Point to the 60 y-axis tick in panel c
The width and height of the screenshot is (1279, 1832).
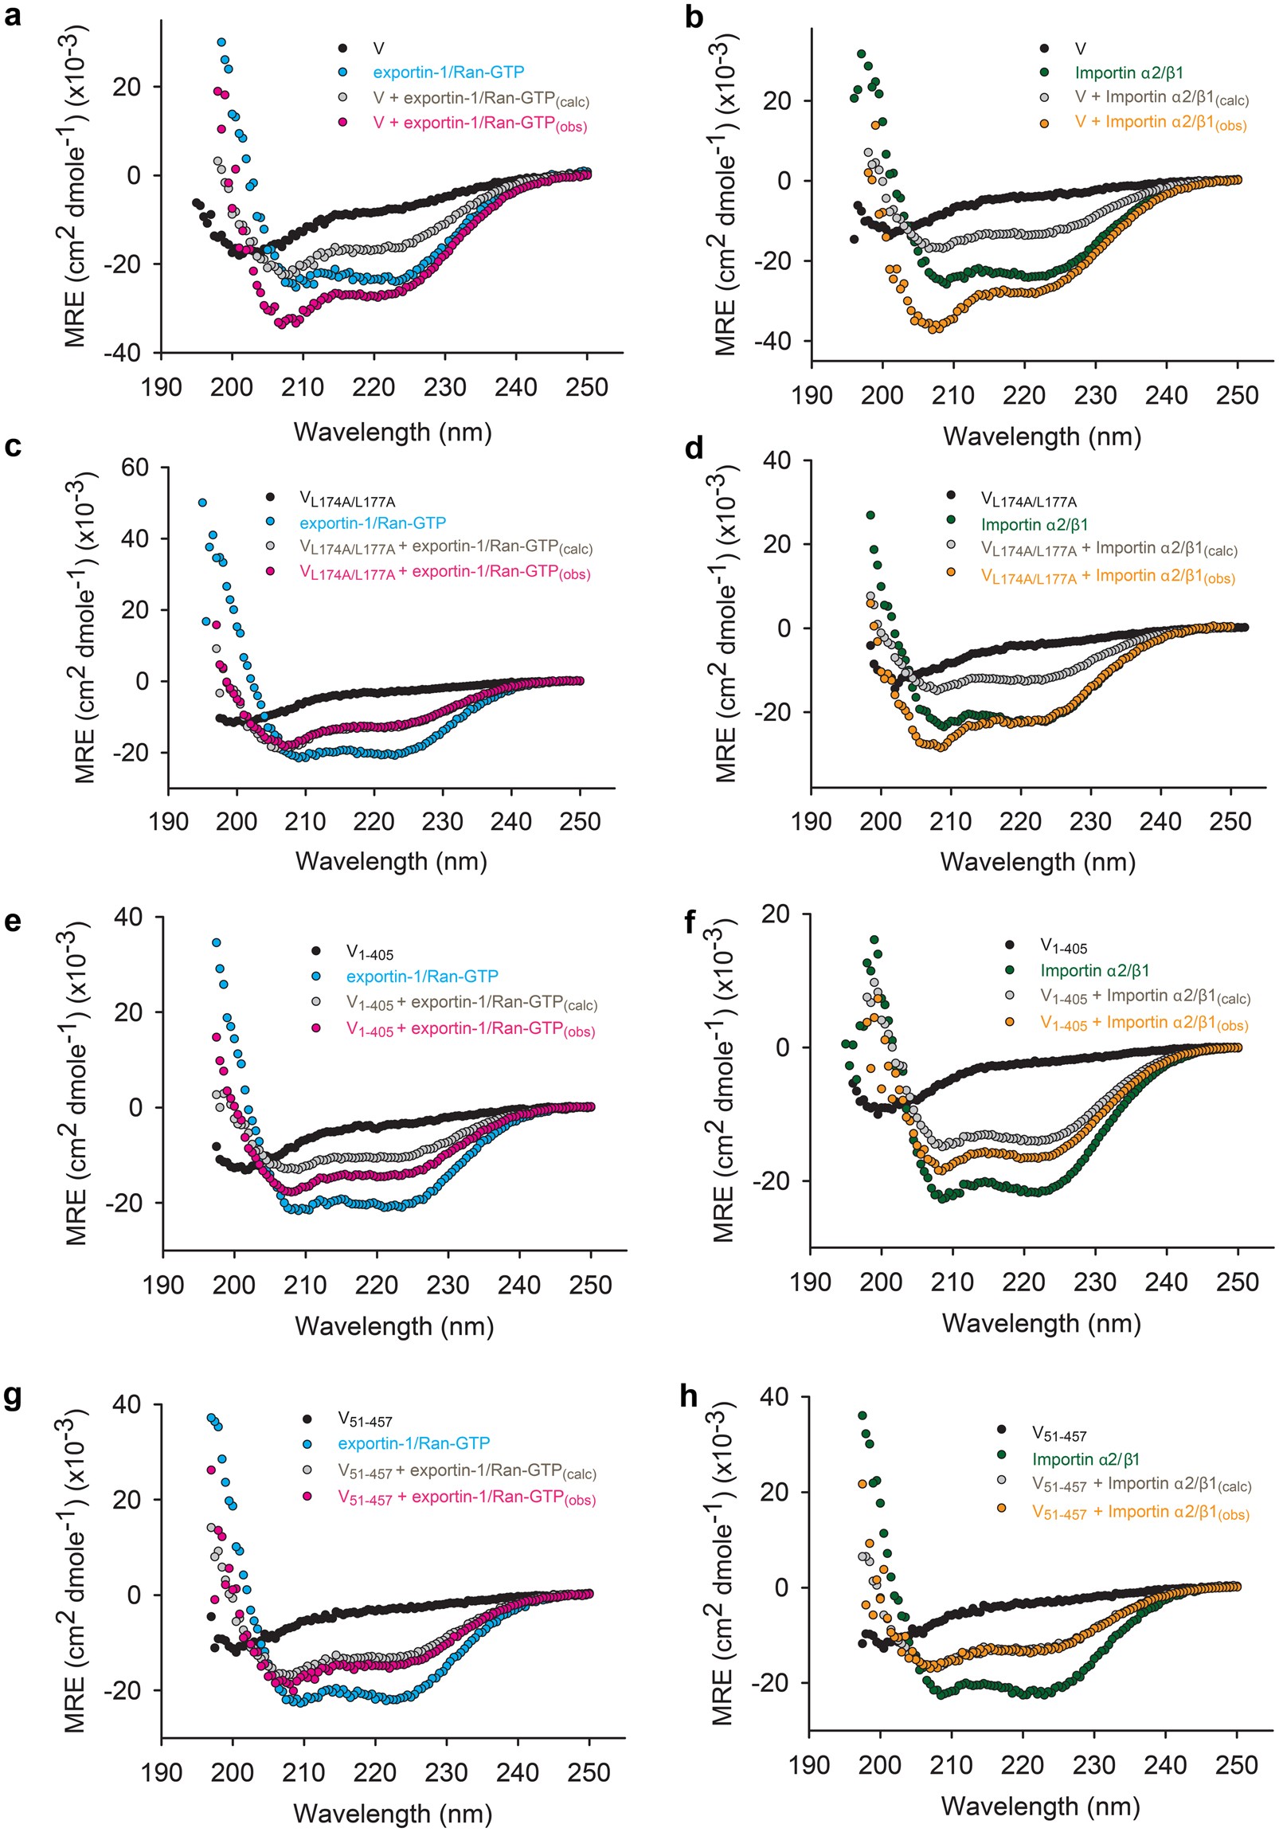pos(135,467)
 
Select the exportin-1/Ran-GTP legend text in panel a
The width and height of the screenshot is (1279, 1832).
pos(448,72)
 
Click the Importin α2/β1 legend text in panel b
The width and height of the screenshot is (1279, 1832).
pos(1129,73)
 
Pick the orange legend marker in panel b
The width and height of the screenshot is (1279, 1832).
pos(1044,123)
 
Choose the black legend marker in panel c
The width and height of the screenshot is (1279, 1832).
pos(271,498)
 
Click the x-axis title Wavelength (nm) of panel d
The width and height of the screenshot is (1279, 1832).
pos(1037,862)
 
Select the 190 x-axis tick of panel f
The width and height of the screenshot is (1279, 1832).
pos(811,1282)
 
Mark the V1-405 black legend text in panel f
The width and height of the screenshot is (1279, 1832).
pos(1063,946)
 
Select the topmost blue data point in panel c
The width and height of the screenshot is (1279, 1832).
pos(202,503)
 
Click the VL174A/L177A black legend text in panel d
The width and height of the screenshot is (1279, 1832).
pos(1028,500)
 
